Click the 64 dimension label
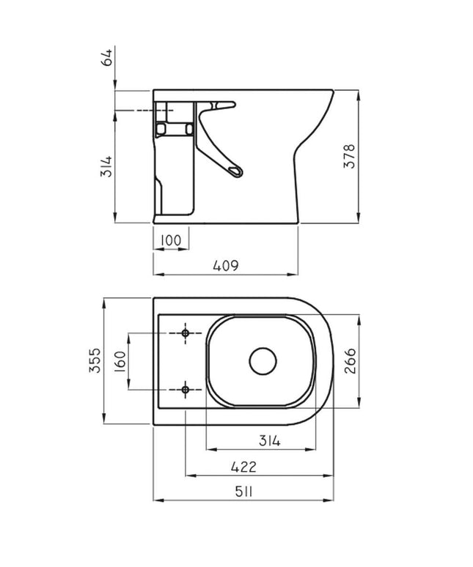(108, 57)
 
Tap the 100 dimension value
(171, 240)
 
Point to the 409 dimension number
(226, 266)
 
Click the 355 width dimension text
(95, 360)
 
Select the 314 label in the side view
(106, 168)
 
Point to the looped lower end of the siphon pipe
(236, 171)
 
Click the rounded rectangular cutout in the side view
(175, 129)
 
